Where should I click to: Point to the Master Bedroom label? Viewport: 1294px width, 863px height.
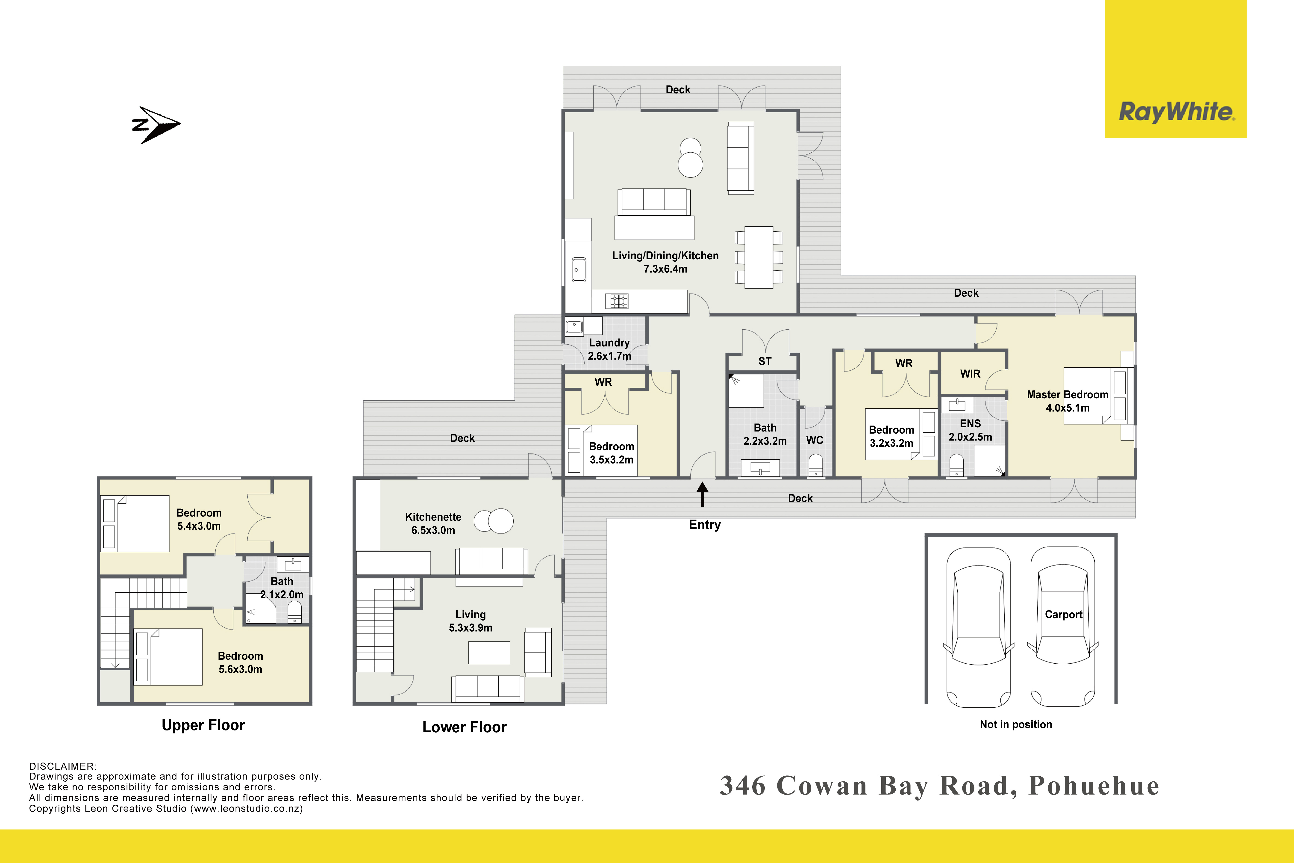coord(1067,401)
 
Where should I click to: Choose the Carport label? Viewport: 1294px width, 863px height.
coord(1064,615)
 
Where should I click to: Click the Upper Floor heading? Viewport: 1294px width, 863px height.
coord(203,725)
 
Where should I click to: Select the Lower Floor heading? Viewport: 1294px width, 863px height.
coord(464,727)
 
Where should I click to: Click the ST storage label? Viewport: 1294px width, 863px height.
coord(765,362)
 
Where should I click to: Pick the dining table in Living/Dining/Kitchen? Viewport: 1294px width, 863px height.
coord(759,257)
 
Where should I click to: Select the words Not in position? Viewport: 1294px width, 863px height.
coord(1016,725)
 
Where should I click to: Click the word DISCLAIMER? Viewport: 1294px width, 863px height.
coord(62,766)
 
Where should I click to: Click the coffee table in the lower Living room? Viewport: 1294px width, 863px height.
coord(489,653)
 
